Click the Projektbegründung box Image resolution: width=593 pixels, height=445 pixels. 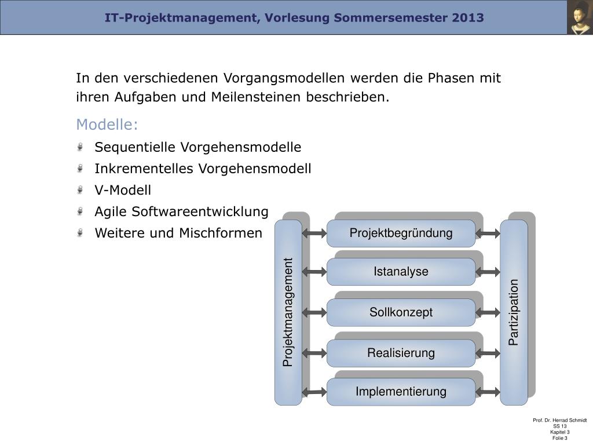(x=401, y=234)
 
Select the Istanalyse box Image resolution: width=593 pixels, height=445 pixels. (x=401, y=272)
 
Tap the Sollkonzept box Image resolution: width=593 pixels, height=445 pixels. (x=401, y=312)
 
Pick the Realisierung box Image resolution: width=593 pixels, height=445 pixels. (x=401, y=353)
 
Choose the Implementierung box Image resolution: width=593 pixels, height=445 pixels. (x=401, y=392)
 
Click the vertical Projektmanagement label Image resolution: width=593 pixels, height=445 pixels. (x=288, y=312)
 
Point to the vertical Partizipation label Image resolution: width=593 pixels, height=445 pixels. (x=514, y=312)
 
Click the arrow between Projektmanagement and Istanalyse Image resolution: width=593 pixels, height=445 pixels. (x=314, y=272)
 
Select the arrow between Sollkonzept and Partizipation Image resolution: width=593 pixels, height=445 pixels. (x=488, y=312)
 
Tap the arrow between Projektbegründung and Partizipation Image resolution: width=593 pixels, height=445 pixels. (x=488, y=234)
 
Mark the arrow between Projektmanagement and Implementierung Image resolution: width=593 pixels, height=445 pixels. (x=314, y=392)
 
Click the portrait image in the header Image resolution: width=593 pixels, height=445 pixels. (x=580, y=17)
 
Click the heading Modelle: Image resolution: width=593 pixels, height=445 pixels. (x=107, y=125)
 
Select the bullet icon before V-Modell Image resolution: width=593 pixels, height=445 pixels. (x=80, y=190)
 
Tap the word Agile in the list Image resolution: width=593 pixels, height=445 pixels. (x=111, y=212)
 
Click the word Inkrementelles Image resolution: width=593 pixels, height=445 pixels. (x=145, y=169)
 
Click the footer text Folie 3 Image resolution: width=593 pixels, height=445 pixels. (x=559, y=438)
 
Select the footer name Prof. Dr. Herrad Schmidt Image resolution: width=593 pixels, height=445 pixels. (x=559, y=420)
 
